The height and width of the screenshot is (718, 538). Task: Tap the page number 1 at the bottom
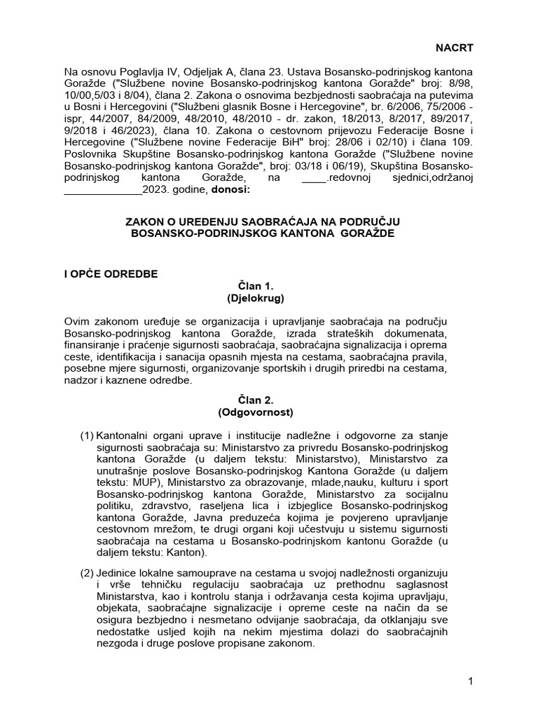(x=470, y=682)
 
